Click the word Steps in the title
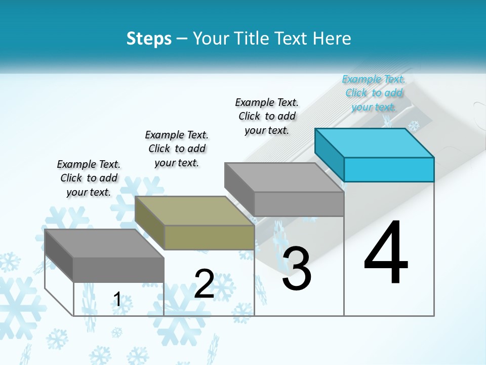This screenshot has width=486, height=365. pyautogui.click(x=149, y=39)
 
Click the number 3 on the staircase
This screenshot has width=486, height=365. pyautogui.click(x=296, y=269)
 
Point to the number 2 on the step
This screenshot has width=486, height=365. pyautogui.click(x=204, y=283)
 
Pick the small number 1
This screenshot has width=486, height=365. pyautogui.click(x=117, y=300)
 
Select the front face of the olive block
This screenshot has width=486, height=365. pyautogui.click(x=209, y=237)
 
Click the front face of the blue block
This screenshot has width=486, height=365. pyautogui.click(x=389, y=169)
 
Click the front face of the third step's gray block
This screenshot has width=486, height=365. pyautogui.click(x=299, y=204)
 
